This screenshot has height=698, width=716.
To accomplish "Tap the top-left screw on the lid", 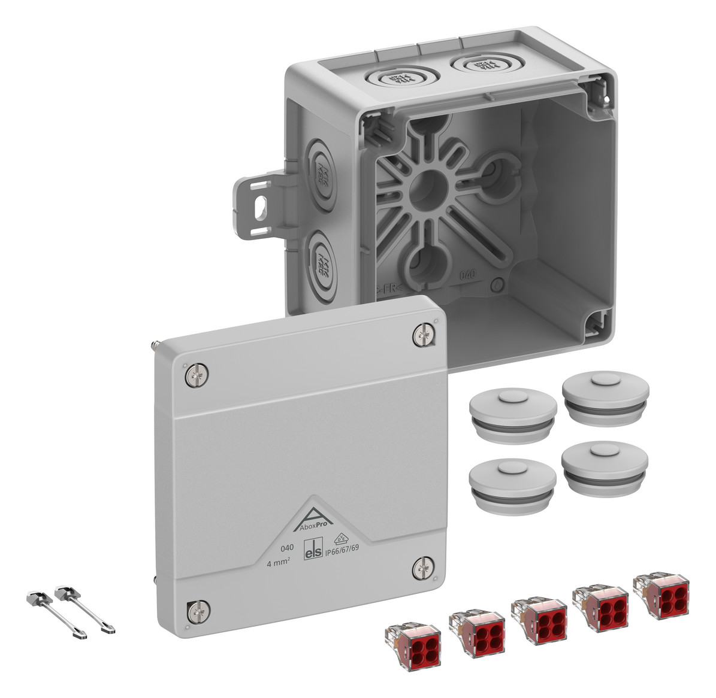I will click(198, 375).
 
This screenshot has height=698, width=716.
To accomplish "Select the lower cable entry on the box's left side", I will click(322, 260).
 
